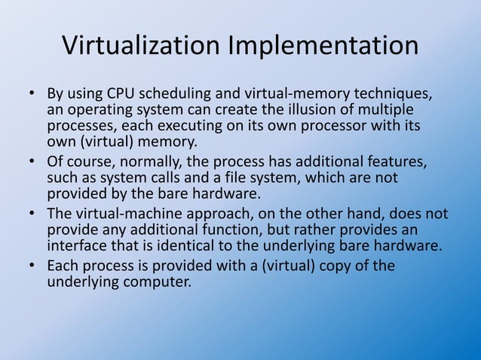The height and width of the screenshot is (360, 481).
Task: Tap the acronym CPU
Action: [x=122, y=96]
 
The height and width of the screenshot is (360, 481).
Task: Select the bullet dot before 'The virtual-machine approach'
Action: [x=32, y=214]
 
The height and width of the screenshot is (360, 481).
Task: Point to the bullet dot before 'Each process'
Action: [x=32, y=266]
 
